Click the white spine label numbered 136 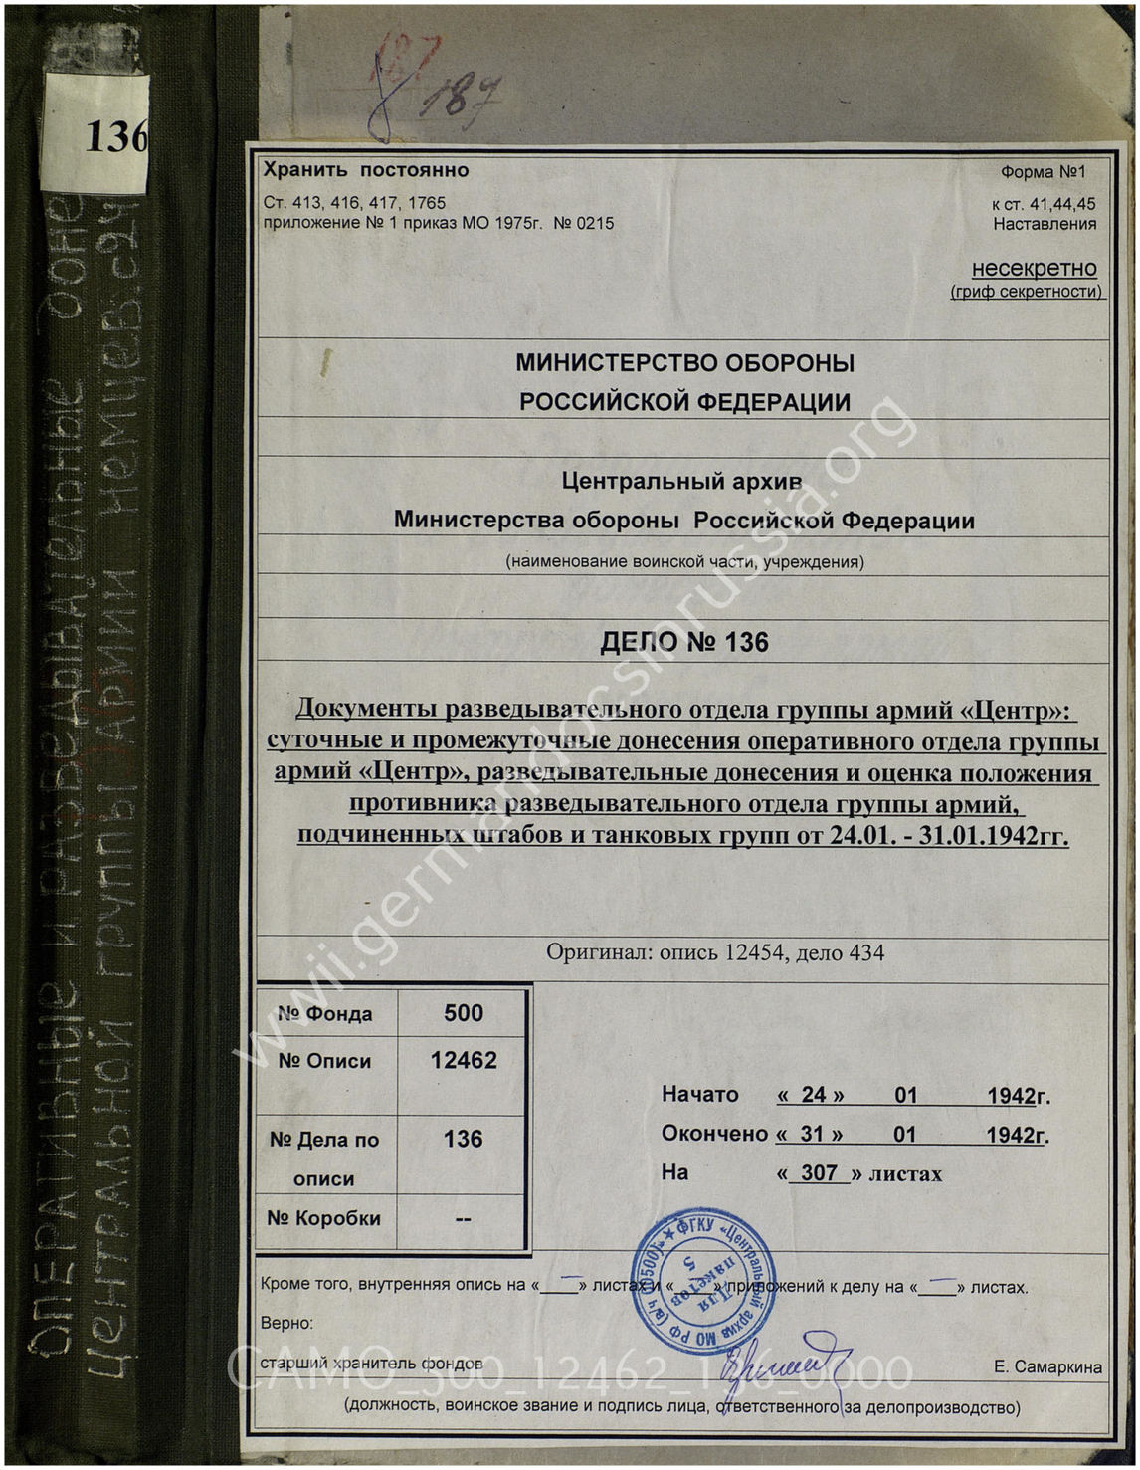tap(96, 134)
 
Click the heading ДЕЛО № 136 tap(684, 643)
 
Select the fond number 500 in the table tap(463, 1013)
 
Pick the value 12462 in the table tap(463, 1060)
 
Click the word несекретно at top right tap(1034, 269)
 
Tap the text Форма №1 tap(1043, 172)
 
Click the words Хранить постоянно tap(365, 170)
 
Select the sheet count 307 tap(819, 1173)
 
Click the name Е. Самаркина tap(1047, 1367)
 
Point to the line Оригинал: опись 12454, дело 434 tap(714, 952)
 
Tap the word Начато tap(700, 1095)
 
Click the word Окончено tap(714, 1134)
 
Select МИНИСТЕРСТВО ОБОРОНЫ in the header tap(684, 363)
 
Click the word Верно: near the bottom tap(286, 1324)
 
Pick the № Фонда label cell tap(324, 1014)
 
